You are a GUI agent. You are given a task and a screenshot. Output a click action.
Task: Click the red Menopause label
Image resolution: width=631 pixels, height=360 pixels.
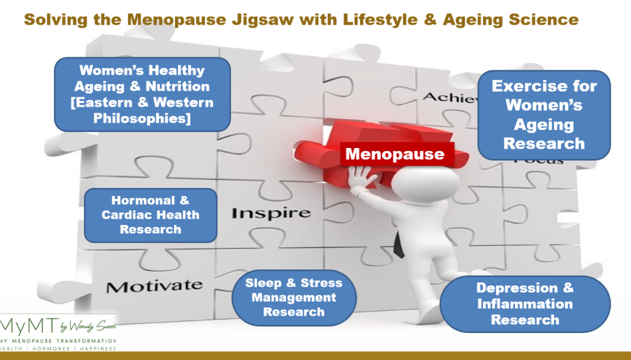394,153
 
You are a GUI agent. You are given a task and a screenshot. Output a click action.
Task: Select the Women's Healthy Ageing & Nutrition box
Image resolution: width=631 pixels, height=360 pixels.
142,94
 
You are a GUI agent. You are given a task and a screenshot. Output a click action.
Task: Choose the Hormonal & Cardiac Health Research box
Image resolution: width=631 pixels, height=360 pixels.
150,215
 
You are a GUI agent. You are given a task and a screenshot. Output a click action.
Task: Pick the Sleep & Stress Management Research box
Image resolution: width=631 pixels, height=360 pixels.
293,297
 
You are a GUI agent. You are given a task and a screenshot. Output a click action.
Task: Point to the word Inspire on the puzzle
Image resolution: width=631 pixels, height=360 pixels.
271,213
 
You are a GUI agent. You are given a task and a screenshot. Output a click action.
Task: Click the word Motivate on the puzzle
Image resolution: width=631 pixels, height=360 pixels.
154,285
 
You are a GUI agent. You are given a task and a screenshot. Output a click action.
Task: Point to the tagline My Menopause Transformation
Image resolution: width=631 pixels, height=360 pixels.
58,341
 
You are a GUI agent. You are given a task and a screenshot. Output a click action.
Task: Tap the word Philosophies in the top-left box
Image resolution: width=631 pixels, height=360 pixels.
142,117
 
